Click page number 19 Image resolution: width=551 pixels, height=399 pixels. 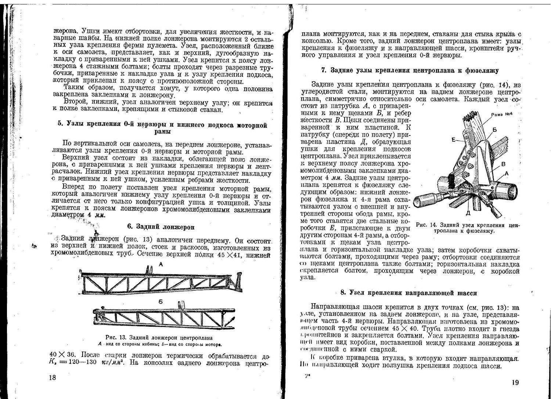515,383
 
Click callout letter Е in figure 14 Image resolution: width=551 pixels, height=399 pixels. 455,139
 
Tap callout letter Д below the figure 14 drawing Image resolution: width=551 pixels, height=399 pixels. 468,213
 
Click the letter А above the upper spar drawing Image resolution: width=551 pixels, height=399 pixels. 161,264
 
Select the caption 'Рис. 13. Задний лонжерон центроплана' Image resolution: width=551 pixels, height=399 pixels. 159,338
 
